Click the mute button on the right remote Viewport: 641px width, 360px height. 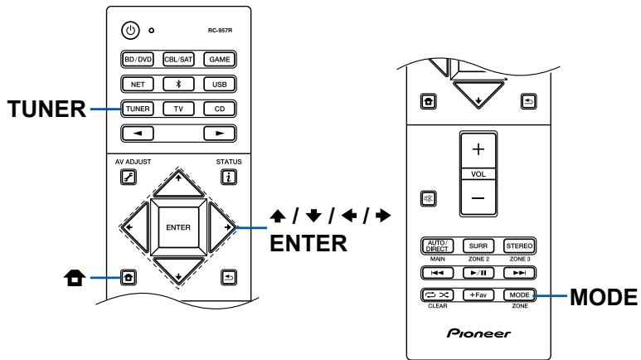429,200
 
